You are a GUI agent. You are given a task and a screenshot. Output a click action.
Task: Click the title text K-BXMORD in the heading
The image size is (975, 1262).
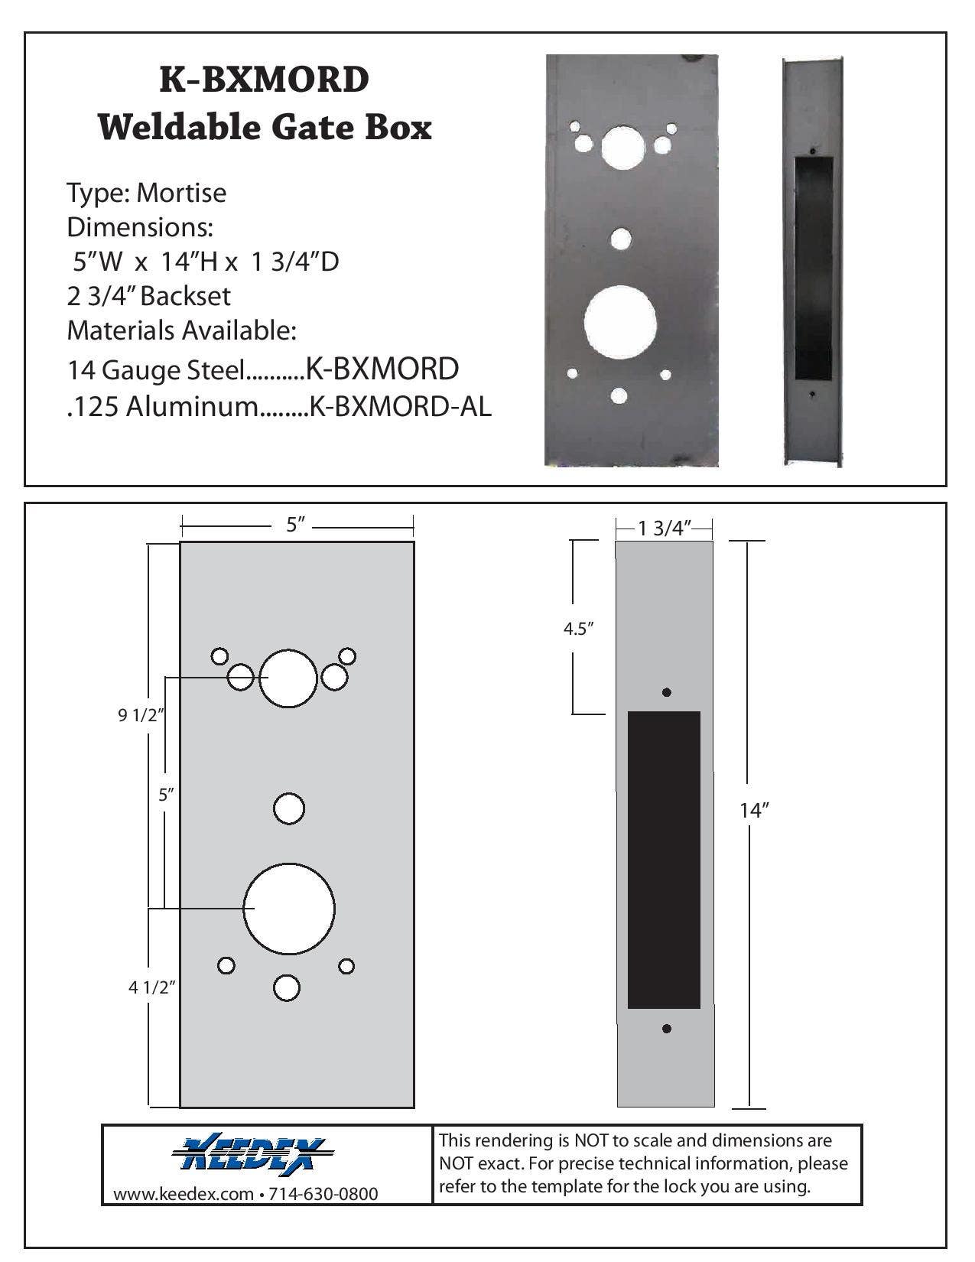pos(264,79)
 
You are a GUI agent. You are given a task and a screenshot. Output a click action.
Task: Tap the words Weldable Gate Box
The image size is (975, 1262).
pos(264,127)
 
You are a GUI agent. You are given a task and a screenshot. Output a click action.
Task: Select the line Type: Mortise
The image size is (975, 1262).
pos(146,193)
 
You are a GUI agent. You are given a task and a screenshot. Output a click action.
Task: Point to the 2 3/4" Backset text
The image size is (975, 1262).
pos(148,296)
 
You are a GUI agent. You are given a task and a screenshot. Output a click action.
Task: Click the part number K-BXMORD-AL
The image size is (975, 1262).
pos(398,407)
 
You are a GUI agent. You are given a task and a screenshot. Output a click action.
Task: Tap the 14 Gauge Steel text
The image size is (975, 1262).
pos(155,370)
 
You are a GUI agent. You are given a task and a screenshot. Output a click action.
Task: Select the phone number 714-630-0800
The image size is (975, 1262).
pos(324,1194)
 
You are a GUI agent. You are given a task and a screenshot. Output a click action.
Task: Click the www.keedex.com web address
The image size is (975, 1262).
pos(183,1194)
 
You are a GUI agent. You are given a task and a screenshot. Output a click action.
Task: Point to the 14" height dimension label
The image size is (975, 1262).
pos(753,811)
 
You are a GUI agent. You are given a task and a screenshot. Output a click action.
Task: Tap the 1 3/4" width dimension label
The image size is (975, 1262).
pos(665,528)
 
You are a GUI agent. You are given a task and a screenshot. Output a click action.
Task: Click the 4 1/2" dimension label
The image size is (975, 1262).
pos(152,987)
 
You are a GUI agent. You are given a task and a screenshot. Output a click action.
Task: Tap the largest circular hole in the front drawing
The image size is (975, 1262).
pos(289,909)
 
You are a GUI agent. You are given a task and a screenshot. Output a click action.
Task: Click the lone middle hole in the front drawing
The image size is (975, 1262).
pos(289,809)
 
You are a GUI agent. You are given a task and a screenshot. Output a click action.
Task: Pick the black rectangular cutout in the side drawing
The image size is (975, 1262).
pos(664,860)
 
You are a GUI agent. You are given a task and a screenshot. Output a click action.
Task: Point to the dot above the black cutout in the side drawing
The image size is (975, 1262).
pos(666,692)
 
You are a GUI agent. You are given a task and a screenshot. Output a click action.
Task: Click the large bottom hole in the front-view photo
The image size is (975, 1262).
pos(620,321)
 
